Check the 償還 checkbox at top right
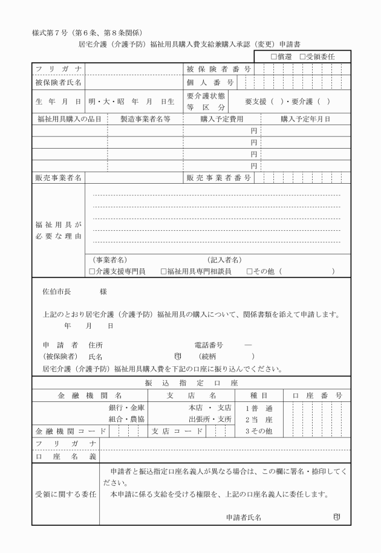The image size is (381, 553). [x=274, y=56]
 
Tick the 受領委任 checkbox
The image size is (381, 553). [x=302, y=56]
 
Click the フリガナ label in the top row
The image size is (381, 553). [x=59, y=69]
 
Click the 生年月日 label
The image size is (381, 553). [x=59, y=102]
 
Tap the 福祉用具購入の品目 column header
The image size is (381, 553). [x=69, y=119]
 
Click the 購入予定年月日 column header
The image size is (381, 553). [x=305, y=119]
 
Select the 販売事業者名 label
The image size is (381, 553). [x=59, y=178]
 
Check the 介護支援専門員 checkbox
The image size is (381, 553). [x=93, y=272]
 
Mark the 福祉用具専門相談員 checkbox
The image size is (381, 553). [x=164, y=272]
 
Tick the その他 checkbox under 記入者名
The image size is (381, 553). [x=249, y=272]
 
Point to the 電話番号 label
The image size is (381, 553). [x=209, y=345]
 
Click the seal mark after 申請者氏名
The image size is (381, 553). [x=336, y=517]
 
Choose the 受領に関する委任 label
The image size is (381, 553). [x=66, y=495]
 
